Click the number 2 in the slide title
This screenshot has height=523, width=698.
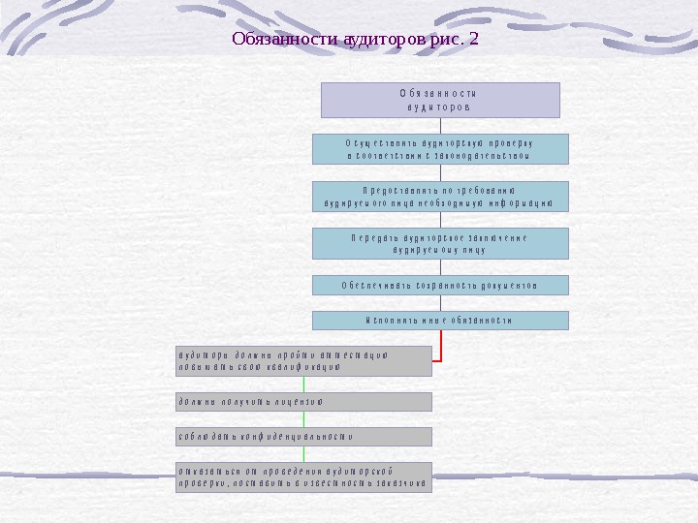473,41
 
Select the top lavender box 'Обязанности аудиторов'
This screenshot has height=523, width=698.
440,100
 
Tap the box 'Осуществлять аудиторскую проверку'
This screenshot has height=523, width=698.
440,149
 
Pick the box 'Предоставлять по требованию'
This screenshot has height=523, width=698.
440,196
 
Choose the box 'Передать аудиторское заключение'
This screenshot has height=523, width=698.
440,243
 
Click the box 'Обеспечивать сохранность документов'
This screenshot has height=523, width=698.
440,285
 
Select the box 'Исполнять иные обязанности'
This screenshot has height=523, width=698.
440,320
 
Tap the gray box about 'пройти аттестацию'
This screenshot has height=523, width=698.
303,360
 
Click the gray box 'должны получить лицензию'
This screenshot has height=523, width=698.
303,401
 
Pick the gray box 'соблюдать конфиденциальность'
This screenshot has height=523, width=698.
303,437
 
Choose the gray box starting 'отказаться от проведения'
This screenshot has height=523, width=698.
303,477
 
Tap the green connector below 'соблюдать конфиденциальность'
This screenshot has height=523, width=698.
303,454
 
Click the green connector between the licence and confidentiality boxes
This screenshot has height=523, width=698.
303,419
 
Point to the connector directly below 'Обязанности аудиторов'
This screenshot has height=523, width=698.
440,126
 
